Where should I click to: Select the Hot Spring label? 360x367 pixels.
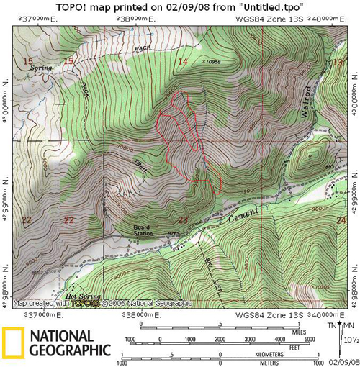81,296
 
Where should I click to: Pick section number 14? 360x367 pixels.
182,63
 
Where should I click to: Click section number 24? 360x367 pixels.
340,220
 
